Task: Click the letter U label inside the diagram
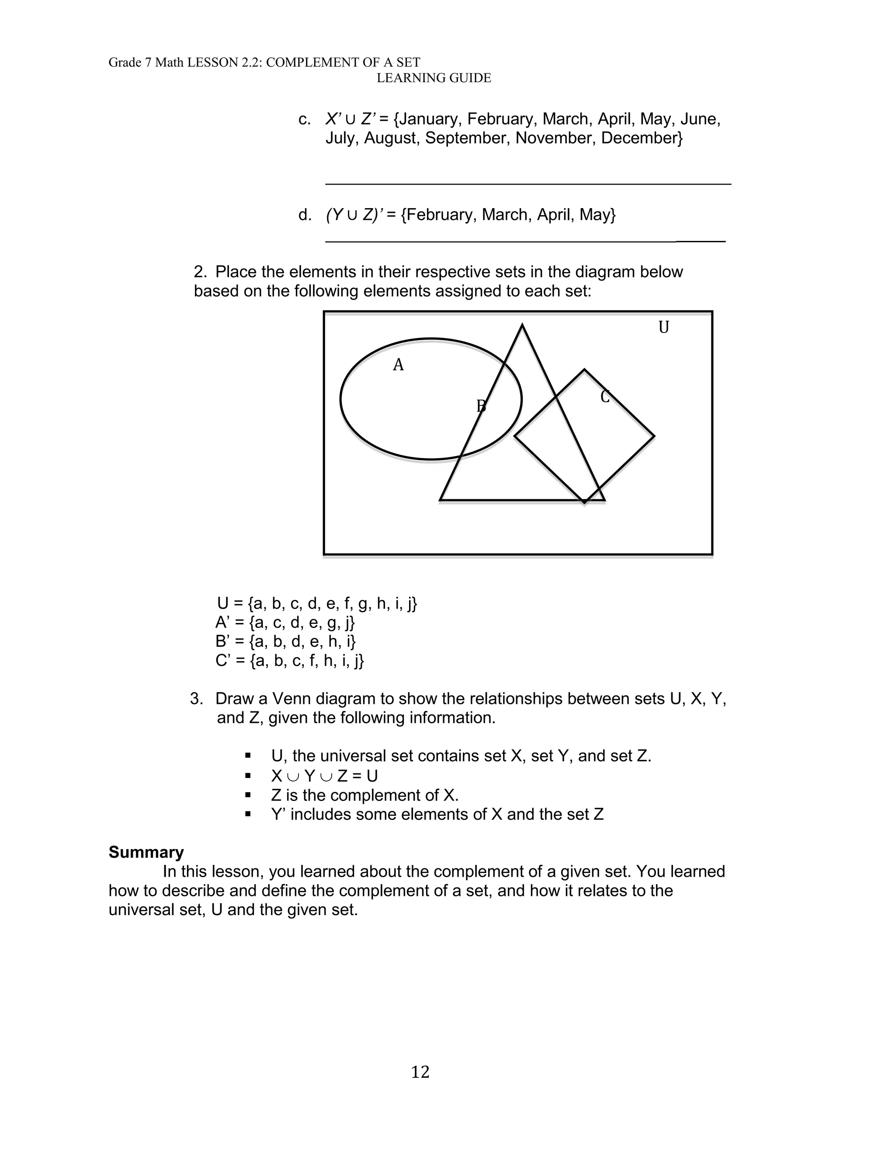coord(663,327)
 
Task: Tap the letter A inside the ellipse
coord(398,365)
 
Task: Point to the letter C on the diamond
coord(605,397)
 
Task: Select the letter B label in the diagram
coord(481,406)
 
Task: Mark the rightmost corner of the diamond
coord(654,436)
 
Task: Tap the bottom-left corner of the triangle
coord(441,500)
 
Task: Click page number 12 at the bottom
coord(420,1072)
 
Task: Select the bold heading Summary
coord(146,852)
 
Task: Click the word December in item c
coord(642,138)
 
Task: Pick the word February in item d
coord(442,215)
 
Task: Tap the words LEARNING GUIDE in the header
coord(434,78)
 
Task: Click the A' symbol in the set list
coord(222,622)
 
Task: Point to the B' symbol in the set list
coord(222,641)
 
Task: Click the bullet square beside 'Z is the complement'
coord(248,794)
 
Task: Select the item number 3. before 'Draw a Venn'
coord(197,699)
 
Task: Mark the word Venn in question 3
coord(292,699)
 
